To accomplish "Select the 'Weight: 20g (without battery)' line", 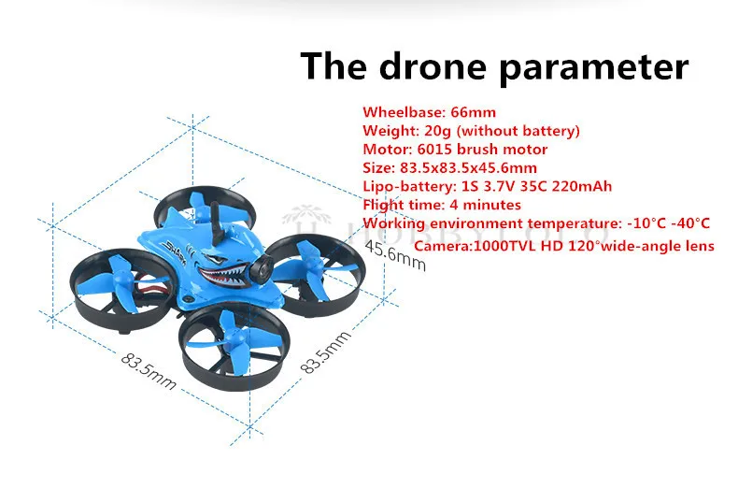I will pos(471,130).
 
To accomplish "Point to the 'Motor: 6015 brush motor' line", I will pos(455,149).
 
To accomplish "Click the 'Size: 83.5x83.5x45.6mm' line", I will pos(451,167).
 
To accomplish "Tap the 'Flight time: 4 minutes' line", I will pos(442,204).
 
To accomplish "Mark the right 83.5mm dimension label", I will pos(325,352).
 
